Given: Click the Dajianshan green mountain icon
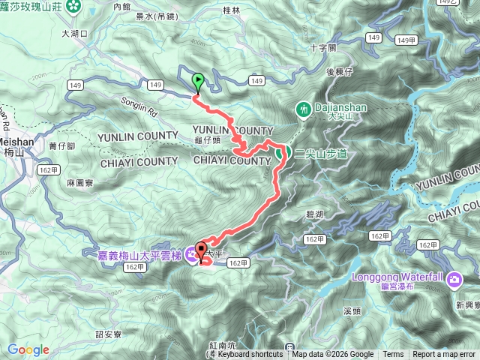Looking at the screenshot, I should pos(304,109).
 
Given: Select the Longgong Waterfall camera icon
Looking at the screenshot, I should pos(455,280).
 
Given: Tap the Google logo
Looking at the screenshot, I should pos(28,349).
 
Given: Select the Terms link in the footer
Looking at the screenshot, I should pos(393,355).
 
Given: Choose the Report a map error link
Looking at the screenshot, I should pos(444,355).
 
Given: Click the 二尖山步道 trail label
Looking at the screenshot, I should pos(321,153).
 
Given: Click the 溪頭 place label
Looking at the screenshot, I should pos(352,310).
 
